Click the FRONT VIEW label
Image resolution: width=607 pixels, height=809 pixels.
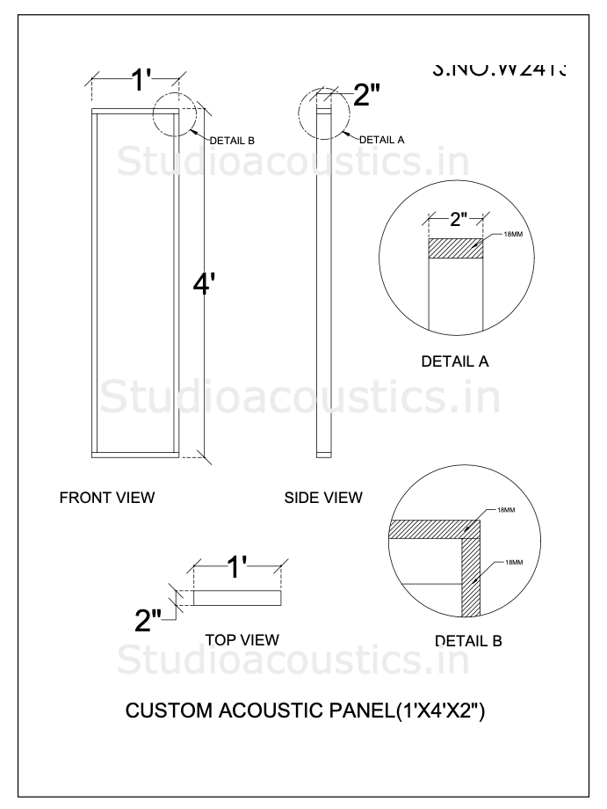click(107, 498)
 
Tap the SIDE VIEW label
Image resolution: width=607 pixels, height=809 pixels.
click(323, 498)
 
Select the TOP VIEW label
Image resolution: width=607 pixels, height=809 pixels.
click(242, 639)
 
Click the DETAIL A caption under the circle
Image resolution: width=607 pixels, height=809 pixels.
click(455, 361)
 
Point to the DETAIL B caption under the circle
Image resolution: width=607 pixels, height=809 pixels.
click(468, 641)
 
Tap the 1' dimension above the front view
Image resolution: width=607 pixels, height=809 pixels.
click(142, 81)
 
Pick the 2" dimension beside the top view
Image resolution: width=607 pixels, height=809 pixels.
click(149, 621)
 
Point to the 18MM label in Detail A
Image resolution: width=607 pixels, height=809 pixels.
click(514, 235)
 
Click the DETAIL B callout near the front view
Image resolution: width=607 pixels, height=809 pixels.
click(232, 140)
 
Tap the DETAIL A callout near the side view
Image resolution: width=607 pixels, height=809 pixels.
click(381, 139)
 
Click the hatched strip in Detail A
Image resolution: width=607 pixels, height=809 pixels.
click(455, 248)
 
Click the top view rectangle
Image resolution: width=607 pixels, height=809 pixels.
click(237, 598)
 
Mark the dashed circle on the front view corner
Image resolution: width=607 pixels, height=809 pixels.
click(176, 113)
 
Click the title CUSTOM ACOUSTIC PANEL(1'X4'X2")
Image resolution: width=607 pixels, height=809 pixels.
click(306, 710)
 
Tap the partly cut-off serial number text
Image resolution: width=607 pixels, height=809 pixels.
click(499, 69)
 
